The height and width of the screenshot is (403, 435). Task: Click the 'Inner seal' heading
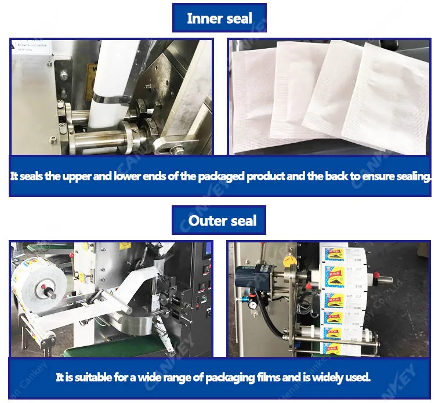point(219,18)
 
